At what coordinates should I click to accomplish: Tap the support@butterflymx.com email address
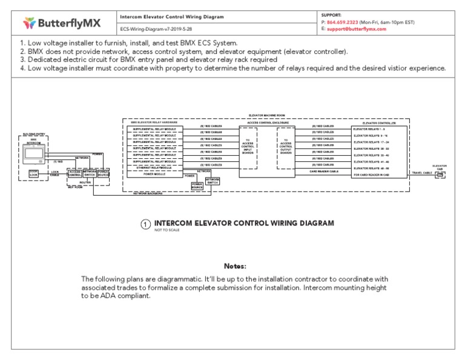pos(357,28)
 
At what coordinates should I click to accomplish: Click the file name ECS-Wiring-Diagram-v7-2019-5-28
pos(156,28)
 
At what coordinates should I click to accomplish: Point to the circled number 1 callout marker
pos(145,224)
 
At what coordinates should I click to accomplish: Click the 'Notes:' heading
pos(235,266)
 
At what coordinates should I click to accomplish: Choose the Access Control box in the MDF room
pos(74,173)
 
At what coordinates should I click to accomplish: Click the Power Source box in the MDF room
pos(104,173)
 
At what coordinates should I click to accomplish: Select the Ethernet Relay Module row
pos(154,167)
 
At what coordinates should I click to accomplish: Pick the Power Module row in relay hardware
pos(154,173)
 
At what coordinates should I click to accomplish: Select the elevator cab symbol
pos(440,175)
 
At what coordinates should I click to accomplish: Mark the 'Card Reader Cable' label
pos(323,172)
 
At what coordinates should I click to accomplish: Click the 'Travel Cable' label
pos(421,173)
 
